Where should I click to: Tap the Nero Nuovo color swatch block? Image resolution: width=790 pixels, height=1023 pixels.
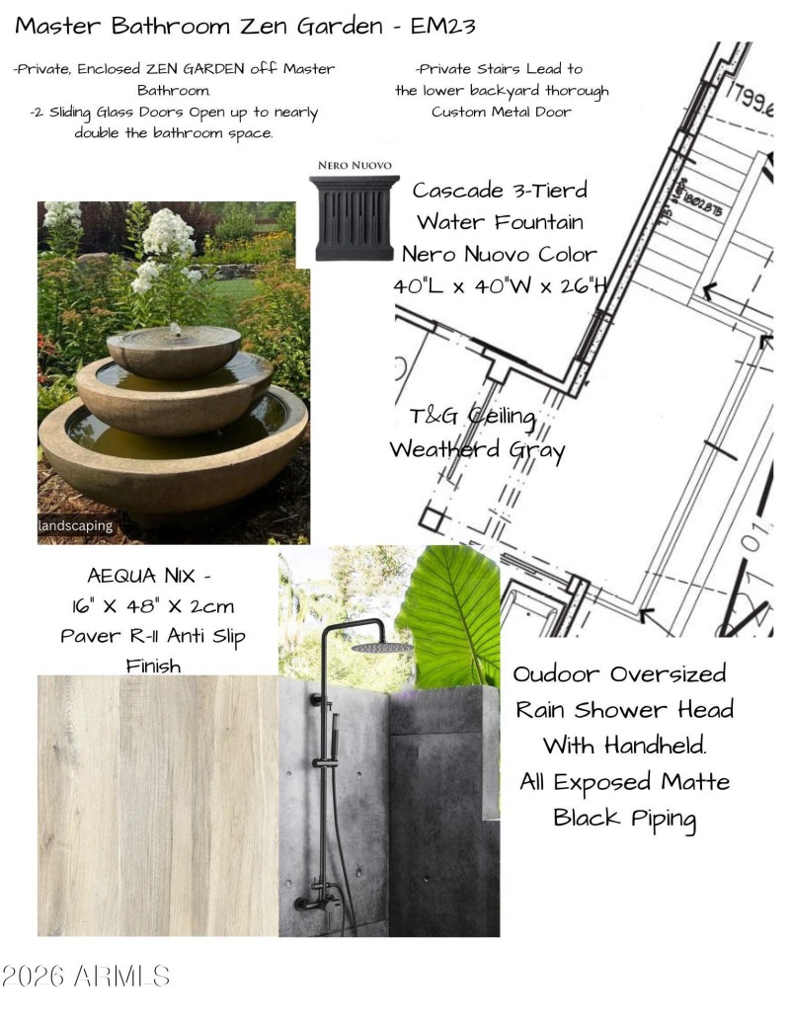(355, 218)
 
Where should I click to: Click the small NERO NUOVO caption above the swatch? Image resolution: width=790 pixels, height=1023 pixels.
(355, 165)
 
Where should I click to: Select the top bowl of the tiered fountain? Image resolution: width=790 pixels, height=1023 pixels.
(174, 349)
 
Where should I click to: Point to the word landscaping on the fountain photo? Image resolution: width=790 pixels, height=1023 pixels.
(76, 526)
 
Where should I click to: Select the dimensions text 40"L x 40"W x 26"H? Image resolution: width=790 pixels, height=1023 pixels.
(499, 285)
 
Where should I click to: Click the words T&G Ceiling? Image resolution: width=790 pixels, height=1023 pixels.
(472, 418)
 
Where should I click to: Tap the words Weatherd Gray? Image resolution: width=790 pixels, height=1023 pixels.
(477, 450)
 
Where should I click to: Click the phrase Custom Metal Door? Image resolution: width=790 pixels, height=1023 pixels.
(502, 112)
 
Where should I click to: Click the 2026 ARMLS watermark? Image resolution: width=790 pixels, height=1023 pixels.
(86, 978)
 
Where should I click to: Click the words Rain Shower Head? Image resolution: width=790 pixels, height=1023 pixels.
(625, 709)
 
